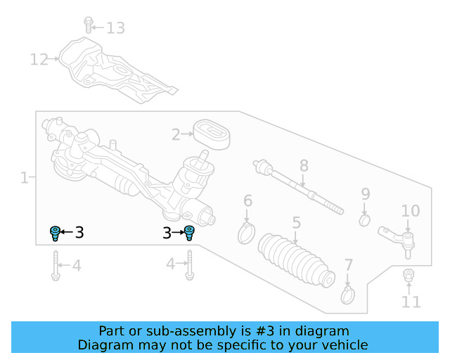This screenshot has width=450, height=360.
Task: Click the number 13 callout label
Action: (x=115, y=28)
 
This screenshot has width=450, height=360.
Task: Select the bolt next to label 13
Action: (x=89, y=25)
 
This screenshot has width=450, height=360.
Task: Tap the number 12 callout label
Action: (x=39, y=59)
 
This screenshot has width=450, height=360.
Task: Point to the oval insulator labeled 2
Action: (x=212, y=134)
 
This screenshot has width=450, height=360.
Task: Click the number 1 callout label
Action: (x=24, y=178)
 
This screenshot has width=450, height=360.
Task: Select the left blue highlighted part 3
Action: (x=55, y=233)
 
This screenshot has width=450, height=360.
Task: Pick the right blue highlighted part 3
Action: (x=189, y=233)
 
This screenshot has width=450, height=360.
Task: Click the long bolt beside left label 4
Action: (x=55, y=266)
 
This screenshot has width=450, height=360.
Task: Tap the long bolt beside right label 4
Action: (x=189, y=266)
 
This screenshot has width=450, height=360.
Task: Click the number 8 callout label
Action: (x=304, y=166)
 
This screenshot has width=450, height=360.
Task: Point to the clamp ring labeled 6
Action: (x=246, y=231)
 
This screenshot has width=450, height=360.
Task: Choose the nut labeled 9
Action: (x=364, y=221)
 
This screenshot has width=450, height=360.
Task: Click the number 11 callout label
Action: (x=411, y=302)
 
